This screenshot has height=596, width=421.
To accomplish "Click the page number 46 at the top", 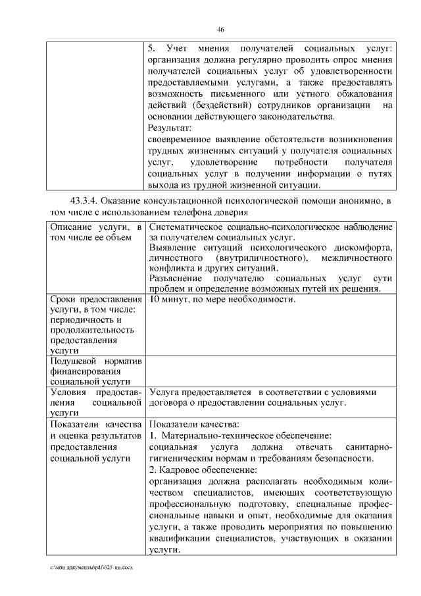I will click(220, 29).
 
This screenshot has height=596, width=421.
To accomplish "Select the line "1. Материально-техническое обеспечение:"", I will click(239, 436).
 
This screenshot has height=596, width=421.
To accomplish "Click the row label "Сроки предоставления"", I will click(96, 300).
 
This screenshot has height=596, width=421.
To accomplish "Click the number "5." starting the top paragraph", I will click(152, 49).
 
